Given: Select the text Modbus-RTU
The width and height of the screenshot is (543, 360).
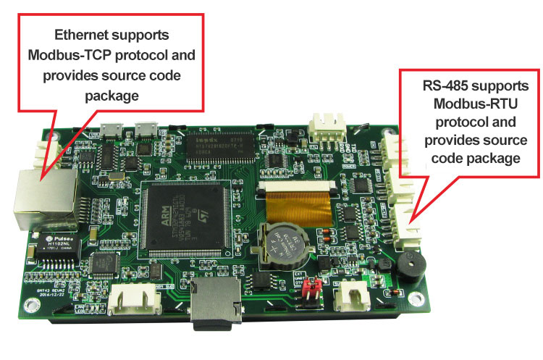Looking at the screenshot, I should [x=471, y=103].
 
